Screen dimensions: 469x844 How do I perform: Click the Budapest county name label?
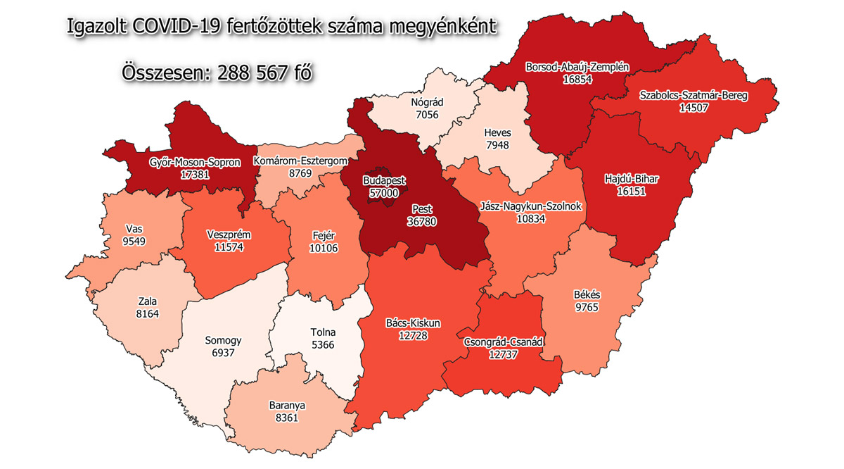click(384, 180)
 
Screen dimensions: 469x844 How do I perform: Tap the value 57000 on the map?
click(384, 192)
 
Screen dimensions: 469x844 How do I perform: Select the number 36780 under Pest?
click(423, 221)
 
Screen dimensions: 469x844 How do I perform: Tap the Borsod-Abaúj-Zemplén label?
click(577, 68)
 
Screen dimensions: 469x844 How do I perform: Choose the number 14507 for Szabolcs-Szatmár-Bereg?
click(693, 108)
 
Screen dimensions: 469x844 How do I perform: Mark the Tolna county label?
click(323, 332)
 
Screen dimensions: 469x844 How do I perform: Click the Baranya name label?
click(287, 406)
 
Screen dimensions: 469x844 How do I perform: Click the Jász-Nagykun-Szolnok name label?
click(531, 206)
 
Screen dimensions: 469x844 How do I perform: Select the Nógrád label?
click(428, 101)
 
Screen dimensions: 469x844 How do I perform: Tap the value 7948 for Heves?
click(497, 144)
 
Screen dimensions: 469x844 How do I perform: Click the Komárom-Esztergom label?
click(302, 161)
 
